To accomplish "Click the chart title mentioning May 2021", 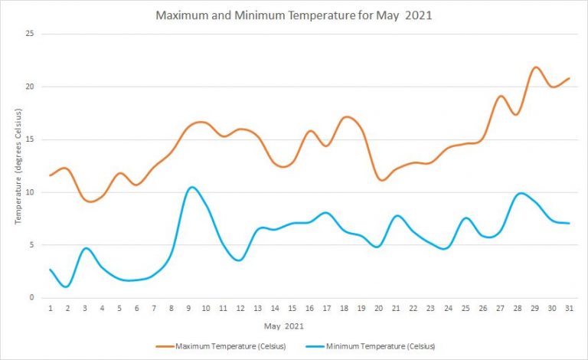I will [x=295, y=15].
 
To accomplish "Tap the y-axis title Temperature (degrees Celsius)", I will [x=17, y=166].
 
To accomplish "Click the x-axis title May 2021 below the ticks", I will [x=284, y=326].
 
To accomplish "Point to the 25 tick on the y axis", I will [x=31, y=34].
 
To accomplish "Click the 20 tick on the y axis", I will [x=31, y=87].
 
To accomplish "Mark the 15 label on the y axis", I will [x=31, y=139].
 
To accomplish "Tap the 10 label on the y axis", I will [x=31, y=192].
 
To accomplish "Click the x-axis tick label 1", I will [x=51, y=309].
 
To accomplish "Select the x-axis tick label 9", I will [x=188, y=309].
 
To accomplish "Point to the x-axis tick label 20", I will [x=378, y=309].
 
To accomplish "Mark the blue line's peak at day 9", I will [x=191, y=187].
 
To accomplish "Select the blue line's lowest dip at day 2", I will [x=67, y=286].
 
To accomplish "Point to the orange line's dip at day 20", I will [x=381, y=180].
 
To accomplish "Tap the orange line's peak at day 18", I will [x=346, y=116].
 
